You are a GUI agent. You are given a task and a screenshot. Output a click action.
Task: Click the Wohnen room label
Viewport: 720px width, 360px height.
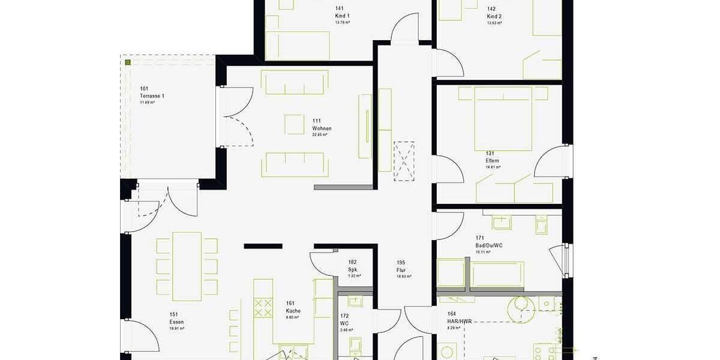(322, 128)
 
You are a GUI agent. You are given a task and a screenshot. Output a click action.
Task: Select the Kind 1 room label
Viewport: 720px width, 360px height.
(343, 16)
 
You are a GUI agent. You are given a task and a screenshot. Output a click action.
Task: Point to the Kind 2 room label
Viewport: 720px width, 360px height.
(494, 16)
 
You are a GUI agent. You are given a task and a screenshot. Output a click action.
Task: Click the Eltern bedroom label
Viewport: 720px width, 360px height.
(493, 161)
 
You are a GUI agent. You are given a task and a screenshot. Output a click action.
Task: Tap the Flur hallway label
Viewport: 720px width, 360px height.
(401, 270)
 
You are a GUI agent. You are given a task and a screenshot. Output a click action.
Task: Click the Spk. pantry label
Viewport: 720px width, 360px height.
(353, 269)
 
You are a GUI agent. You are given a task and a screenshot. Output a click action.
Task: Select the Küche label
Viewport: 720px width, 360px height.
(293, 311)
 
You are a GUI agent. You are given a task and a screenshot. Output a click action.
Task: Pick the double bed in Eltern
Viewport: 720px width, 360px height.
(503, 118)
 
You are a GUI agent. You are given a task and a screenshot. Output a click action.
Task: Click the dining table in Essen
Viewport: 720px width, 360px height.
(187, 266)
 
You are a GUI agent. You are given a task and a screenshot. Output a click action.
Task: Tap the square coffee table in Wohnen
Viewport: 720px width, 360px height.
(295, 124)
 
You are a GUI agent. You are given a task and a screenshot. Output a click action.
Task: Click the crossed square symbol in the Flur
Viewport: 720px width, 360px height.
(404, 160)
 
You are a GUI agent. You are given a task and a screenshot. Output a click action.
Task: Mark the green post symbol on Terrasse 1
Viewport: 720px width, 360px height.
(128, 62)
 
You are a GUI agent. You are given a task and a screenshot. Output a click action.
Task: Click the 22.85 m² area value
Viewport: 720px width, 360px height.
(320, 135)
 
